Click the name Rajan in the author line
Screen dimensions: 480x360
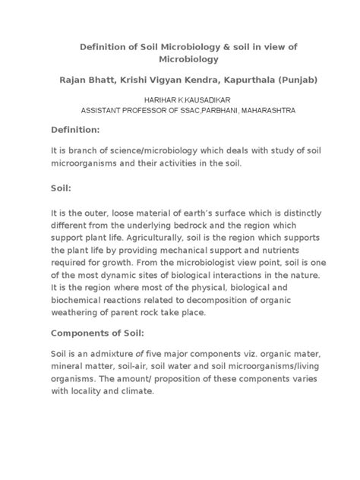(x=78, y=79)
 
